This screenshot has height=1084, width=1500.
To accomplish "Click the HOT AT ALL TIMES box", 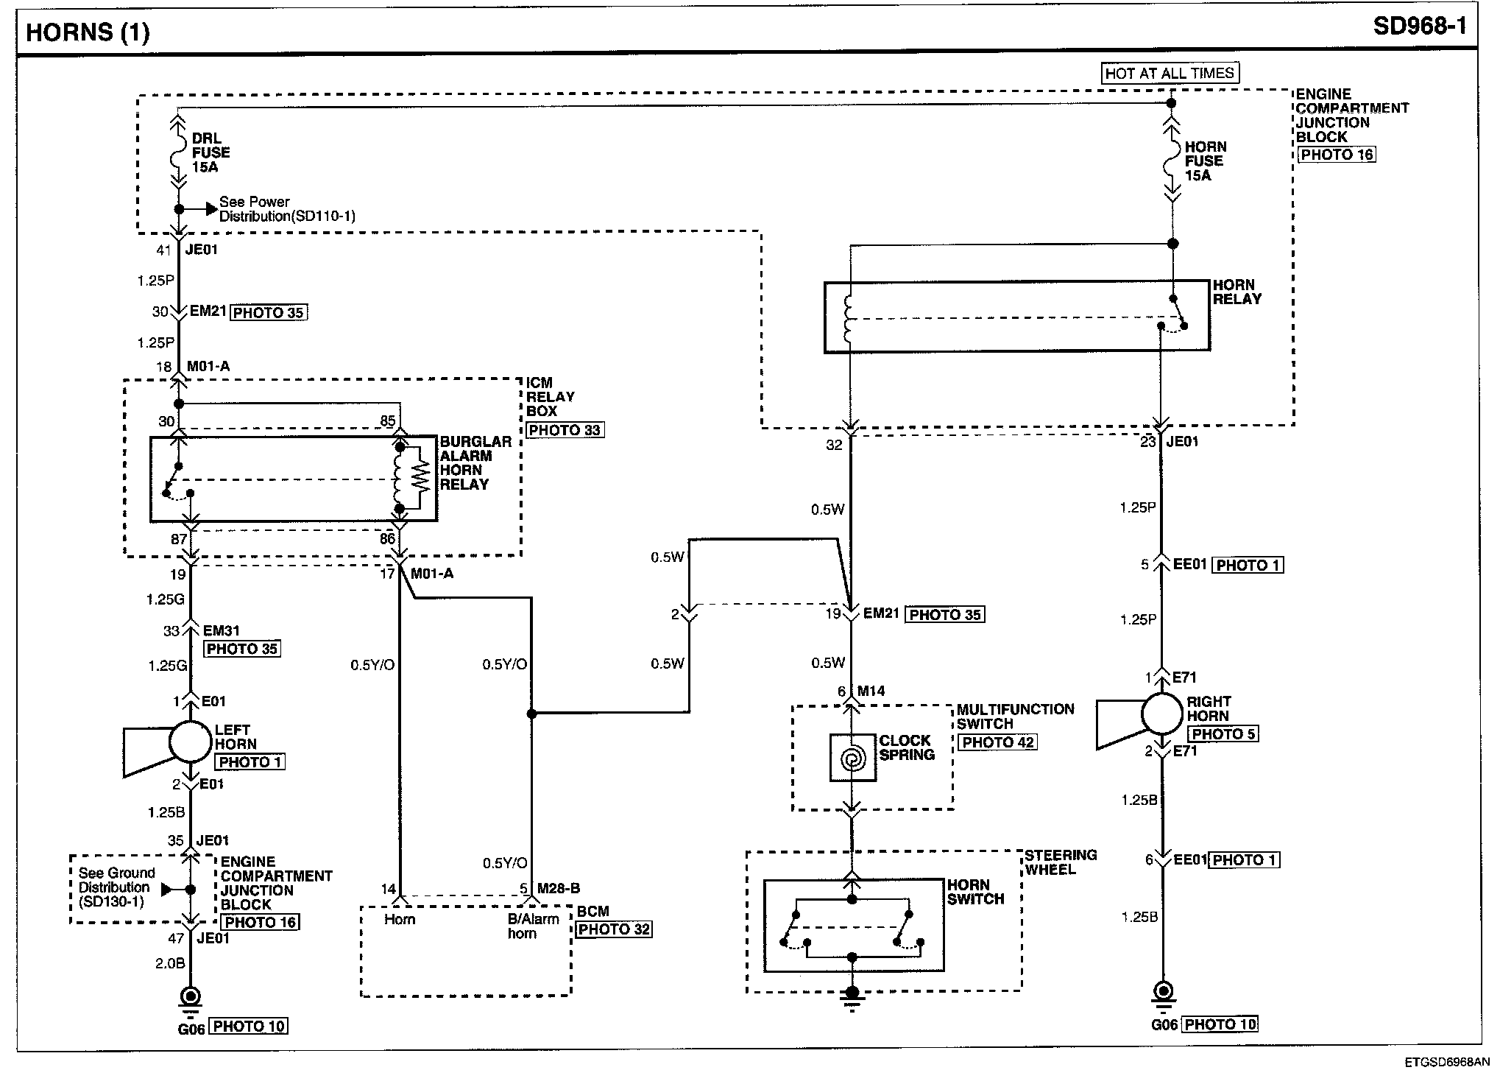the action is tap(1170, 73).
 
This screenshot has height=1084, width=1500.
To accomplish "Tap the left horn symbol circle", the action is tap(190, 742).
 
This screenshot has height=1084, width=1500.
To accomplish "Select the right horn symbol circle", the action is tap(1162, 714).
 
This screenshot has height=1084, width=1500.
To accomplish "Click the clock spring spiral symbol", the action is tap(852, 758).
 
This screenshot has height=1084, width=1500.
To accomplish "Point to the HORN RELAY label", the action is tap(1237, 292).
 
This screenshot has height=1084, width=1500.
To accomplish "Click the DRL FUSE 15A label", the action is tap(211, 152).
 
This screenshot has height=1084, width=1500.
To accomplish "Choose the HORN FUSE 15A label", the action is tap(1204, 161).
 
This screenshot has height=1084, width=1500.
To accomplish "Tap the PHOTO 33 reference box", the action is tap(565, 430).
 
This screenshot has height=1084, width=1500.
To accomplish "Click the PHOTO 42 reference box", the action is tap(997, 742).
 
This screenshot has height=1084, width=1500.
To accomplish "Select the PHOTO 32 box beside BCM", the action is tap(615, 929).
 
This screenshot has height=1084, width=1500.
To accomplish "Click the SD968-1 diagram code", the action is tap(1420, 27).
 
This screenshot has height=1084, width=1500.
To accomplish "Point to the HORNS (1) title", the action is tap(88, 32).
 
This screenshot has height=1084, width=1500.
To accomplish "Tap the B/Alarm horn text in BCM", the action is tap(533, 926).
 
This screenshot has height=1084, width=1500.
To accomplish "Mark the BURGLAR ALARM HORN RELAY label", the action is tap(475, 463).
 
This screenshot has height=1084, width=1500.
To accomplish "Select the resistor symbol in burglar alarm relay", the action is tap(420, 477).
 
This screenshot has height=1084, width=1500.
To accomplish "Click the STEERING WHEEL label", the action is tap(1061, 862).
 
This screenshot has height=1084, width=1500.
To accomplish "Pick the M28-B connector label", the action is tap(559, 889).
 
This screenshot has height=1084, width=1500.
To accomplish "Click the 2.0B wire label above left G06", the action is tap(170, 962).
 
